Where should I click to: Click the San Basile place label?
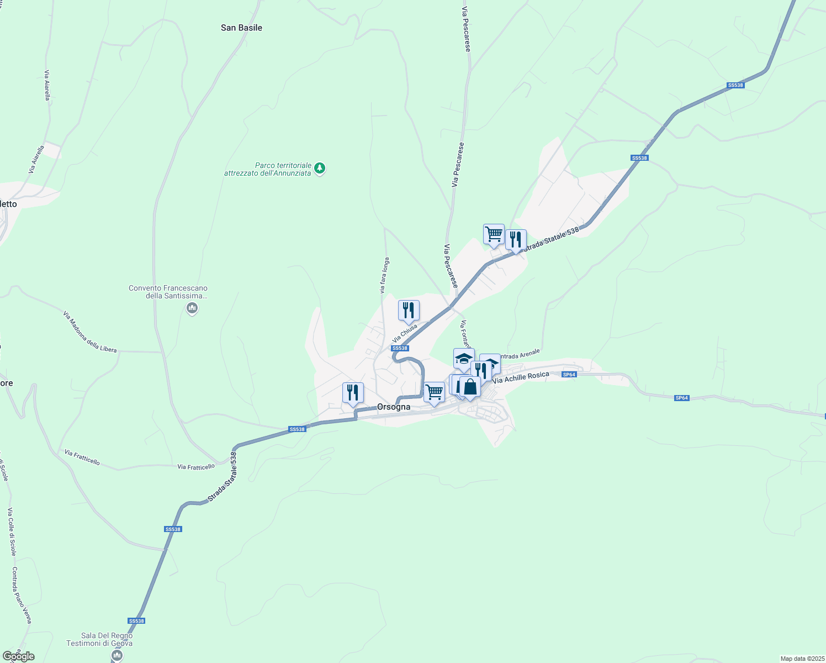(x=241, y=28)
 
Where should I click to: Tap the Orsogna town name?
(x=394, y=407)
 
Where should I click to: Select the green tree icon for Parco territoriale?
(x=320, y=168)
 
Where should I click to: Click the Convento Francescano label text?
(x=168, y=292)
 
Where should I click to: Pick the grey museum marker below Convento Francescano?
(x=192, y=308)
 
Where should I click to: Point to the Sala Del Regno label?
(x=99, y=639)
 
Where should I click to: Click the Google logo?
(x=18, y=656)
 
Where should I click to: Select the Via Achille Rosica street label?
(x=521, y=377)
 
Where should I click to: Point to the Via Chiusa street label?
(x=405, y=333)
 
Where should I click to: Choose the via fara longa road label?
(x=384, y=275)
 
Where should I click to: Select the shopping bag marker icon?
(x=470, y=387)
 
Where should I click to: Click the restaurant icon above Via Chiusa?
(x=409, y=311)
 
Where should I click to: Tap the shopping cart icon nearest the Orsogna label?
(x=434, y=392)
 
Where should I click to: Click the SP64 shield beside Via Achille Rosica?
(x=569, y=375)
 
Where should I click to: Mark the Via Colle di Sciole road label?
(x=11, y=532)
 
